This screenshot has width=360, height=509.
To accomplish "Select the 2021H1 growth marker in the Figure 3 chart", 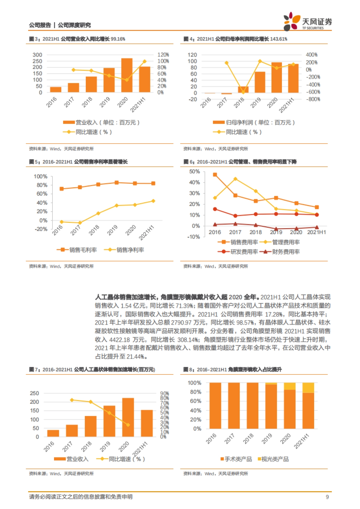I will coord(145,61).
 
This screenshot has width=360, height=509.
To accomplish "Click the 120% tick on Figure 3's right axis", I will coord(163,55).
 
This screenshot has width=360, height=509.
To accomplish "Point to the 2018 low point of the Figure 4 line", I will coord(243,92).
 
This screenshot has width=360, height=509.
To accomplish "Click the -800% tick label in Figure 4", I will coord(313,99).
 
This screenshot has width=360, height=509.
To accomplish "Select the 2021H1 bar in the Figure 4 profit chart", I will coord(293,79).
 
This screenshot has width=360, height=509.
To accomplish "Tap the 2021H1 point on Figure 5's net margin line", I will coord(153,201).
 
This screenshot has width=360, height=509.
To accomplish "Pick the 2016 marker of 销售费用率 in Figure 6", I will coord(215,174).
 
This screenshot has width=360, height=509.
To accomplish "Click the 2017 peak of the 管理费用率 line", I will coord(235,179).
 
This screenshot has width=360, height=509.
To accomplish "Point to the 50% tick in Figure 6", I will coord(194,171).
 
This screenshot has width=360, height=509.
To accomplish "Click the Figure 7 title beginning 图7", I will coord(92,369).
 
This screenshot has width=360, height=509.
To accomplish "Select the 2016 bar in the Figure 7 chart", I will coord(53,433).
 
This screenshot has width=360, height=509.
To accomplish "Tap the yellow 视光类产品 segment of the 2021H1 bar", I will coord(308,388).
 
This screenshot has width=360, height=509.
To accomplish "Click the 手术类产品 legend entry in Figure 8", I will coord(236,459).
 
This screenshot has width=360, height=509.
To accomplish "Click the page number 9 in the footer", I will coord(327,497).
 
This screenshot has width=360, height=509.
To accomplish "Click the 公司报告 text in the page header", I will coord(40,25).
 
